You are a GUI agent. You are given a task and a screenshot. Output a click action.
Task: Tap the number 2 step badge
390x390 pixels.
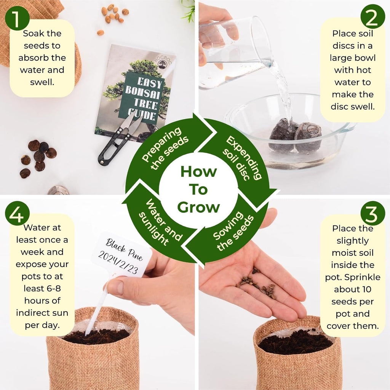point(372,16)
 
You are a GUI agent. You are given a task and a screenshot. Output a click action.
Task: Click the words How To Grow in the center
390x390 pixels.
point(198,189)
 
